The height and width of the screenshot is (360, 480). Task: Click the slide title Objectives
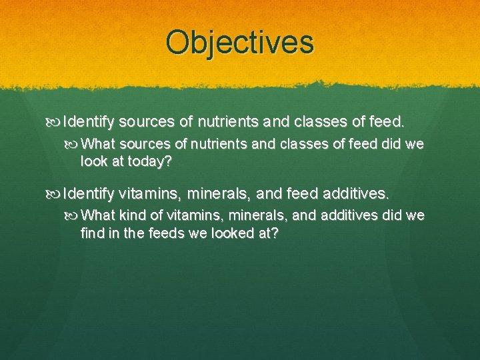pyautogui.click(x=240, y=42)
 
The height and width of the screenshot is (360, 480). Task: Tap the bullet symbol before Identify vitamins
pyautogui.click(x=55, y=195)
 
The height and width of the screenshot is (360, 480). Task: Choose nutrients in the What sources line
pyautogui.click(x=208, y=143)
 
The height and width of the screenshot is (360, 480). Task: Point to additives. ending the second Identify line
pyautogui.click(x=359, y=194)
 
